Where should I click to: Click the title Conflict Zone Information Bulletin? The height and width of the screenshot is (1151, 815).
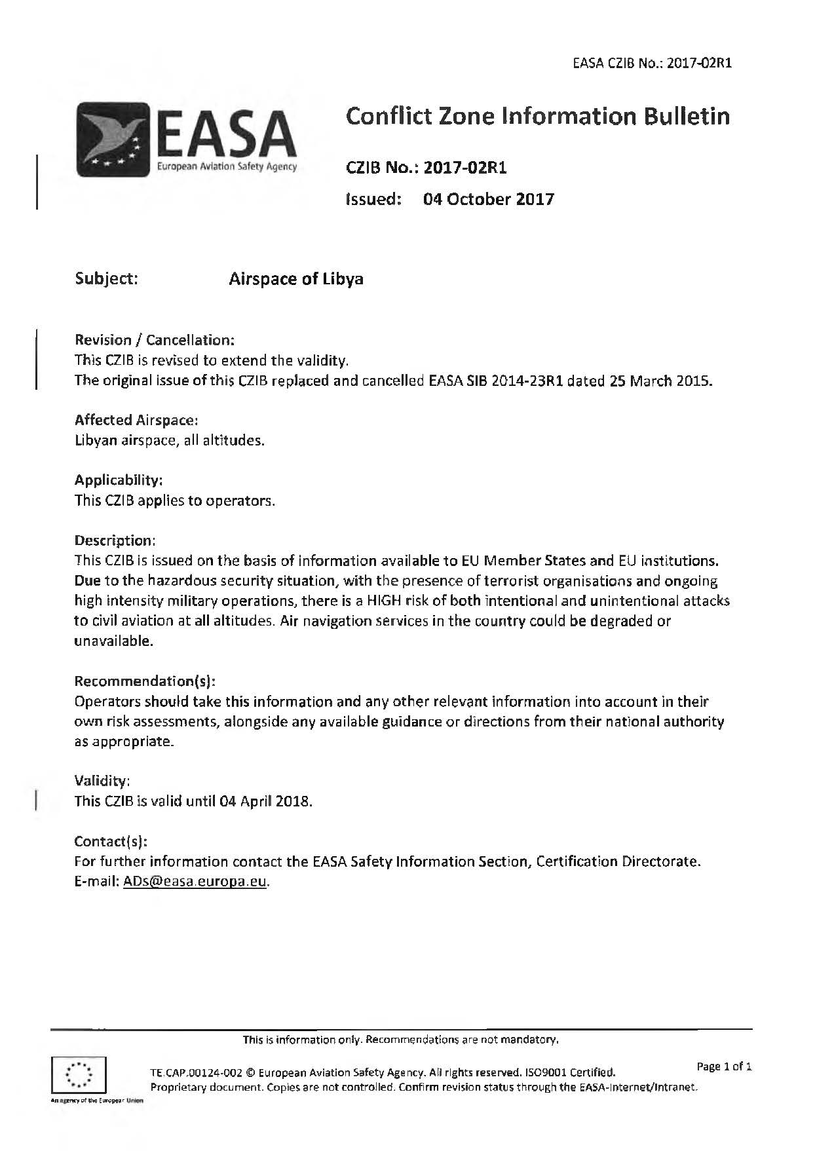[537, 117]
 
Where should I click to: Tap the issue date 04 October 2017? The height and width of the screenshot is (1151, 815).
[488, 198]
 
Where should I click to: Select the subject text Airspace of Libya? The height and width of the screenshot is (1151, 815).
[296, 278]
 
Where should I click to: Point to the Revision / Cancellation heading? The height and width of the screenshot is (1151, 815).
[155, 340]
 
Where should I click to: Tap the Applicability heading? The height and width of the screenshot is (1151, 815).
[119, 480]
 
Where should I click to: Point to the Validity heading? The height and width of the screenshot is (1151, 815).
[102, 781]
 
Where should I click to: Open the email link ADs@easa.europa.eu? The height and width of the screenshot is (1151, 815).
[195, 882]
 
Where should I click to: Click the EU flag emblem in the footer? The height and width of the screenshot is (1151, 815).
[79, 1074]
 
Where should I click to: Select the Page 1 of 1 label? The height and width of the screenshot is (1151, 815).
[724, 1067]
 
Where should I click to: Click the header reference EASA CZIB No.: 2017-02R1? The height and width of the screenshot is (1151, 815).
[651, 64]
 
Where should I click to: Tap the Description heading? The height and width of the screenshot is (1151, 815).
[115, 540]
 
